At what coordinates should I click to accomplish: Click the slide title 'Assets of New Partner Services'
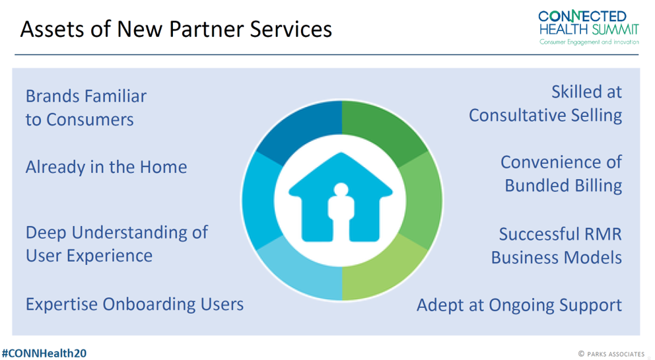tap(176, 30)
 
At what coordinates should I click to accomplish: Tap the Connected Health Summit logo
tap(589, 28)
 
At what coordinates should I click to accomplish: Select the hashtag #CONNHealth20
tap(44, 353)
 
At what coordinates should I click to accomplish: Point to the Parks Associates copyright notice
tap(611, 354)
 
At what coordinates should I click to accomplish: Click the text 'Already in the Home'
tap(106, 167)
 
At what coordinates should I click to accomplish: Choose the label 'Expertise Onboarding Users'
tap(135, 305)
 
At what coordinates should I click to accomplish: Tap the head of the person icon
tap(341, 190)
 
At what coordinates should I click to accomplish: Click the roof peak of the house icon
tap(341, 153)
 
